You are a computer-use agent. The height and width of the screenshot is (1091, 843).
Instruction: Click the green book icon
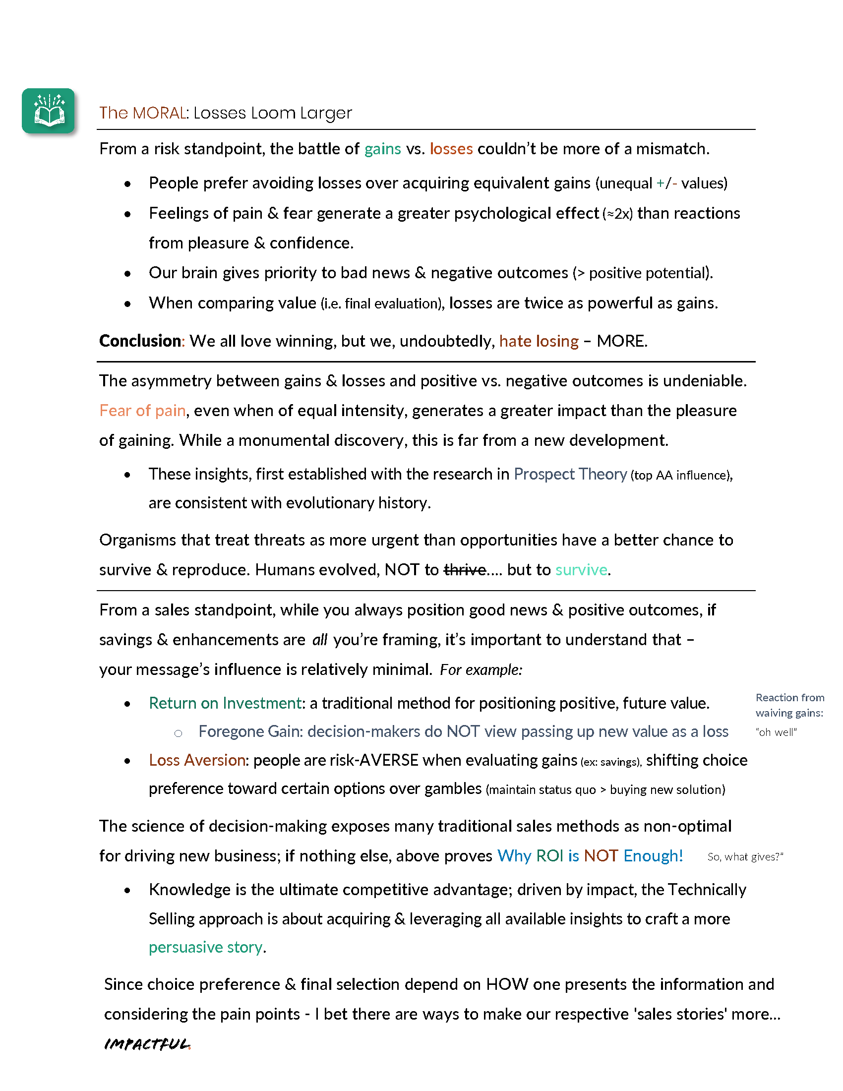(49, 111)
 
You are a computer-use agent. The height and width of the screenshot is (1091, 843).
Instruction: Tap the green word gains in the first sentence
(382, 149)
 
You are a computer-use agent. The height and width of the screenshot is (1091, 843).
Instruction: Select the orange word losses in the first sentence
(451, 149)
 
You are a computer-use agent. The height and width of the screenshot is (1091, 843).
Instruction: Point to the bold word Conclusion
(140, 341)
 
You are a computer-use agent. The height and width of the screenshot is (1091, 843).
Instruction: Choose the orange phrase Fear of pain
(142, 410)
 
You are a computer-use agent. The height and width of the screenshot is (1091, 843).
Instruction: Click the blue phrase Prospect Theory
(570, 474)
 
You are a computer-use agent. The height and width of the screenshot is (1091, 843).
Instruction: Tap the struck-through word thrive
(465, 569)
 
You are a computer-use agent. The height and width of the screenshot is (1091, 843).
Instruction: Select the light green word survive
(581, 569)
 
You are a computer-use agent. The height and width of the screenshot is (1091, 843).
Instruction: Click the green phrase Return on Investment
(225, 703)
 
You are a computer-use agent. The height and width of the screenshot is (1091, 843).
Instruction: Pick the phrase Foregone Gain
(250, 731)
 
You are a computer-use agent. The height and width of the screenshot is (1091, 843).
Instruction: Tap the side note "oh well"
(776, 732)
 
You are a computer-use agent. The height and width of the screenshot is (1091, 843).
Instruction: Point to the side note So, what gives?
(745, 857)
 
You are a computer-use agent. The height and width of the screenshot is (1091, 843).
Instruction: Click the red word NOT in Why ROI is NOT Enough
(601, 856)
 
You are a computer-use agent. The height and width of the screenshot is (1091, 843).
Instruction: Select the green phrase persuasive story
(206, 947)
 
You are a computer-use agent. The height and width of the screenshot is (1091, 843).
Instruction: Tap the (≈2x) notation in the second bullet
(618, 214)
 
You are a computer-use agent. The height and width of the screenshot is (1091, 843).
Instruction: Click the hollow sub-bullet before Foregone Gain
(179, 733)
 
